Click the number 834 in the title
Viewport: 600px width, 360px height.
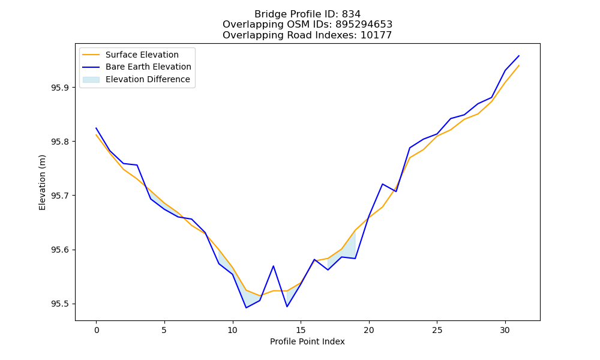tap(351, 14)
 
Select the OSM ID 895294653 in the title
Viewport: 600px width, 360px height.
tap(364, 25)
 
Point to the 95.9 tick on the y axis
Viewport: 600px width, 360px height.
tap(60, 88)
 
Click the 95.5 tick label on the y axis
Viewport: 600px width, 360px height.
tap(60, 304)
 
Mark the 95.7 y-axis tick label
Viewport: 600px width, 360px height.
tap(60, 196)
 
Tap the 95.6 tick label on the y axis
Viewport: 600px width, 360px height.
tap(60, 250)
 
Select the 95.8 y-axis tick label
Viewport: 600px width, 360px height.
tap(60, 142)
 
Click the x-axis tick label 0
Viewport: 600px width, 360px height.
tap(97, 330)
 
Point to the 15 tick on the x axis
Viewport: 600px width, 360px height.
tap(301, 330)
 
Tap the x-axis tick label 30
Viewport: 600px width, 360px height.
tap(505, 330)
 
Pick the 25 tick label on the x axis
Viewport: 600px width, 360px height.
tap(437, 330)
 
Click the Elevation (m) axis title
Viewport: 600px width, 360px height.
tap(42, 182)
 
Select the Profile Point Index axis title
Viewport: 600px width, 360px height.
tap(307, 341)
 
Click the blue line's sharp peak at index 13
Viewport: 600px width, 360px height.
tap(273, 266)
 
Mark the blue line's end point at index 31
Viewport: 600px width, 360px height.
tap(519, 56)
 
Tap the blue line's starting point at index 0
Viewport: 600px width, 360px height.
tap(96, 128)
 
